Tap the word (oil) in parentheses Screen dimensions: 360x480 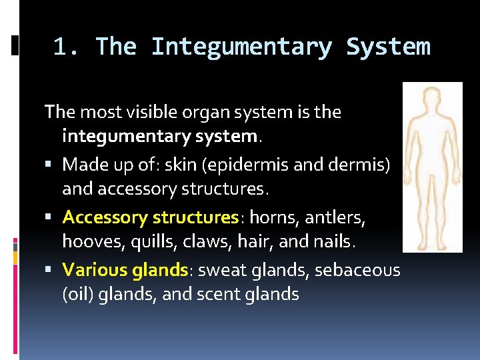(78, 294)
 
